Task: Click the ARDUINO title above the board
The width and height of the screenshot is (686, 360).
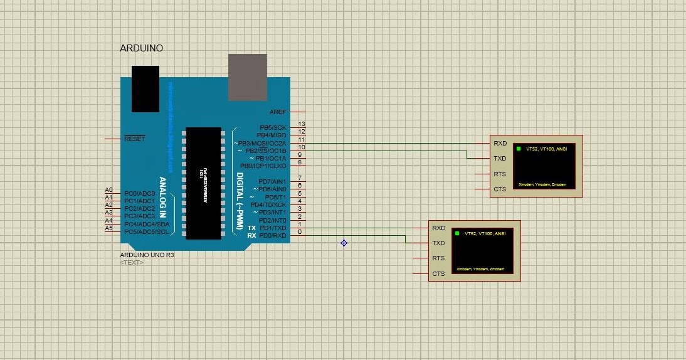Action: click(141, 48)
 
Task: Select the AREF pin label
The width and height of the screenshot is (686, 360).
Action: click(277, 112)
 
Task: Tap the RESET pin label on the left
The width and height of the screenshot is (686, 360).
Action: click(134, 139)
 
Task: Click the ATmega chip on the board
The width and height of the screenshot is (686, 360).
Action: click(203, 183)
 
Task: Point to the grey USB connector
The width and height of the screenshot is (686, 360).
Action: click(247, 77)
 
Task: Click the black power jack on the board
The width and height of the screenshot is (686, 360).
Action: click(145, 88)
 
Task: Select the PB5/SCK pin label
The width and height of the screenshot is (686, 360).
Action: click(272, 127)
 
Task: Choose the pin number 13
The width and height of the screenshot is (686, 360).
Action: click(302, 124)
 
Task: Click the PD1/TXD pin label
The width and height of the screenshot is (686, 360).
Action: click(273, 228)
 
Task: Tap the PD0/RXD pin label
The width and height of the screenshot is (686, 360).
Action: click(273, 235)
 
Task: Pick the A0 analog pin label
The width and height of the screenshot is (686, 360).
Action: click(108, 190)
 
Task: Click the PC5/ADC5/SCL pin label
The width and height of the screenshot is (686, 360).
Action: click(146, 231)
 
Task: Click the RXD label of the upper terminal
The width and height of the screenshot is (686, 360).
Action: click(500, 143)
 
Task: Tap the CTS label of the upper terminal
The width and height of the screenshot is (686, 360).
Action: click(500, 189)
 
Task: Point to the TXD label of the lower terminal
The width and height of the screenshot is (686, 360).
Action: click(438, 243)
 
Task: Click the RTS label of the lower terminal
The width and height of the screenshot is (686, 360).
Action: click(438, 258)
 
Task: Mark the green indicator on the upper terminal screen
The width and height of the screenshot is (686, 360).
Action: click(519, 149)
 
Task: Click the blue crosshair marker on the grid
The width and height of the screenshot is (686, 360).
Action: click(344, 243)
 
